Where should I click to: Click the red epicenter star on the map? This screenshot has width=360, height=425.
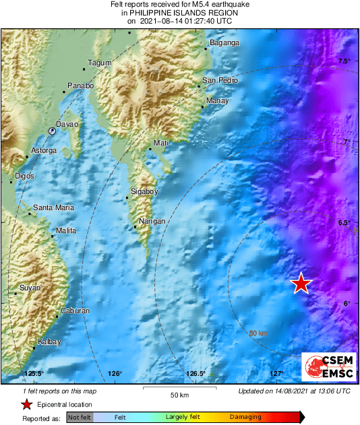pos(301,284)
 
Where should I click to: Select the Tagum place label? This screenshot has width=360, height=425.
pos(100,63)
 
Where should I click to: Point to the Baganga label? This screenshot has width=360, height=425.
pos(224,43)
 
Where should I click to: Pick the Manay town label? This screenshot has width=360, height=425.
pos(217,101)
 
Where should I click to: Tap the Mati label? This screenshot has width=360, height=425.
pos(160,143)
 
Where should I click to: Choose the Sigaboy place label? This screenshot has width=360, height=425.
pos(144,192)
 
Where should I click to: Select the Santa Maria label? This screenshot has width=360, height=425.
pos(54,207)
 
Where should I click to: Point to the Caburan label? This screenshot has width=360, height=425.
pos(75,310)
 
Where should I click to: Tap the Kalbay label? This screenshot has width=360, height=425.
pos(49,341)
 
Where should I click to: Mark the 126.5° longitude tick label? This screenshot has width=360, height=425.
pos(196,374)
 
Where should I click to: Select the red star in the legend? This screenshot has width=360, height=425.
pos(26,404)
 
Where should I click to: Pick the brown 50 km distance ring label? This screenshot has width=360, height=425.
pos(258,333)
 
